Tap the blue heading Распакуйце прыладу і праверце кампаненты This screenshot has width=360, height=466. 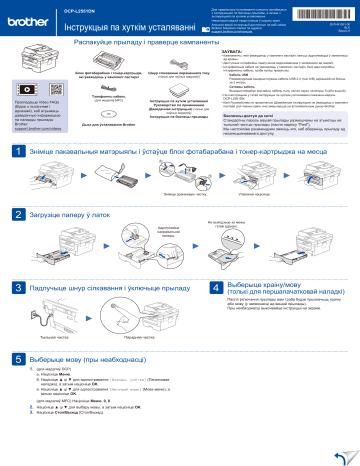(159, 45)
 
